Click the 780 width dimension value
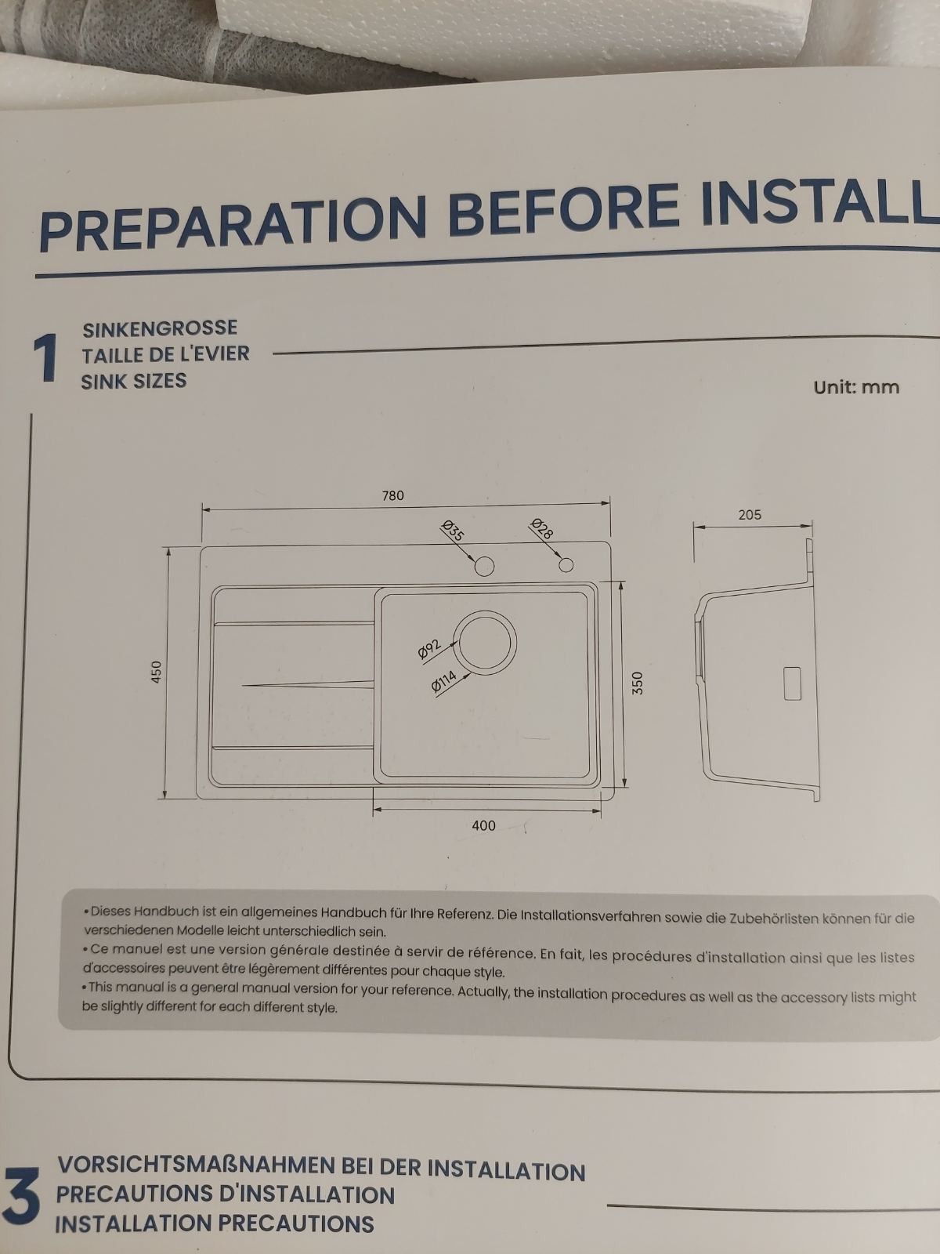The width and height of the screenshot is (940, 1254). pyautogui.click(x=392, y=495)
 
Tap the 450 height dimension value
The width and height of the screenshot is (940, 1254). pyautogui.click(x=157, y=671)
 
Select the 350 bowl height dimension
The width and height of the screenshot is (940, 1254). pyautogui.click(x=638, y=683)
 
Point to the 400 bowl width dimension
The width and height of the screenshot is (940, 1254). pyautogui.click(x=483, y=825)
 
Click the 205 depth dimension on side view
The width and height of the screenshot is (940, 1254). pyautogui.click(x=750, y=515)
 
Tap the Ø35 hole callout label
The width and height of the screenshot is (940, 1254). pyautogui.click(x=454, y=530)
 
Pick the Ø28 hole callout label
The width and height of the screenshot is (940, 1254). pyautogui.click(x=541, y=528)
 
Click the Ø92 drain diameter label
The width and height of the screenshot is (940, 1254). pyautogui.click(x=430, y=650)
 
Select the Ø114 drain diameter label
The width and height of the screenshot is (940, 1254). pyautogui.click(x=444, y=681)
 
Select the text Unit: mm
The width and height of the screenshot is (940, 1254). pyautogui.click(x=856, y=387)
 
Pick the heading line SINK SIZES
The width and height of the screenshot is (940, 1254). pyautogui.click(x=133, y=381)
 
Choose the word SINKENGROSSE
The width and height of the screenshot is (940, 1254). pyautogui.click(x=160, y=328)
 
